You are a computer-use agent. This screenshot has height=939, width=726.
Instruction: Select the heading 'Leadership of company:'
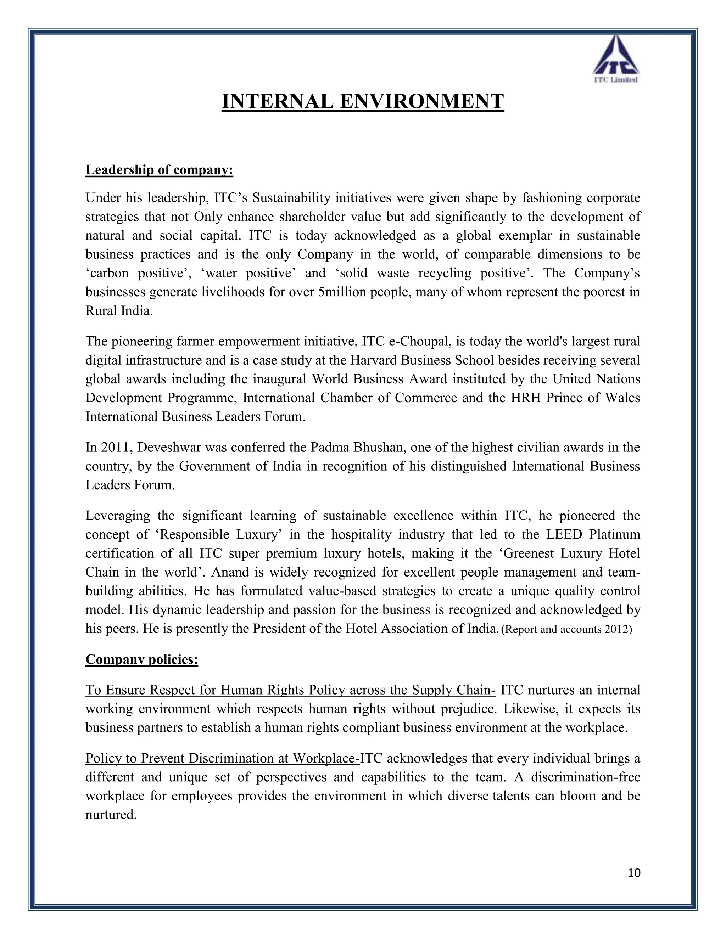159,170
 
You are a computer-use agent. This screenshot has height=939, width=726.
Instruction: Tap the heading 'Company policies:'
141,659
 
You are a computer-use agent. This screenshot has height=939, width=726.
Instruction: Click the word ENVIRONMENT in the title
421,101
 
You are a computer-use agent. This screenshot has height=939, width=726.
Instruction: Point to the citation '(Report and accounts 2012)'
566,629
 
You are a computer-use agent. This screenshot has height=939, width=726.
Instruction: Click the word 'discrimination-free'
585,777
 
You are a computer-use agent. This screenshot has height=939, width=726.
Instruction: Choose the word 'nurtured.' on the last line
111,815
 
